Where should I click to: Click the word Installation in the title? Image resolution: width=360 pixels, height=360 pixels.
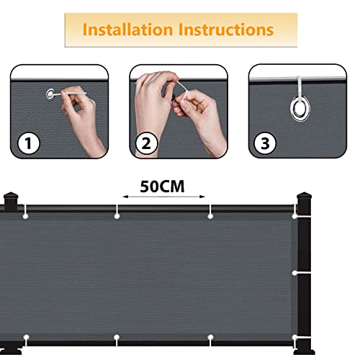(x=127, y=30)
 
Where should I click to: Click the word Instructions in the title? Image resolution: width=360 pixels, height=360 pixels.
(x=226, y=30)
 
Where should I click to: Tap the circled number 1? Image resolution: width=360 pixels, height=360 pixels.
(x=29, y=143)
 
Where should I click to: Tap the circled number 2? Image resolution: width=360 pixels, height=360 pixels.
(x=146, y=143)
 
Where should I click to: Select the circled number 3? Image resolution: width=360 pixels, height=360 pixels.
(x=265, y=143)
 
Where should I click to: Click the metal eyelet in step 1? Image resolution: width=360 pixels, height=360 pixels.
(x=50, y=94)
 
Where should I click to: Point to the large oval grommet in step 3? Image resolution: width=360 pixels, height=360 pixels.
(x=300, y=109)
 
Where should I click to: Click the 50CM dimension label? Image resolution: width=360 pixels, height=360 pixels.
(x=162, y=186)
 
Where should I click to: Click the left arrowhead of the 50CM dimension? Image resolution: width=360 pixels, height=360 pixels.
(x=125, y=197)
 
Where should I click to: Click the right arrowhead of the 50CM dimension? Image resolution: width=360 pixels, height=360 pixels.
(x=202, y=197)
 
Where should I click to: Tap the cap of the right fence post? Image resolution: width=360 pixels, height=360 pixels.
(x=304, y=196)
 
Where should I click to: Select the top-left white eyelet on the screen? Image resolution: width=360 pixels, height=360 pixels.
(x=25, y=216)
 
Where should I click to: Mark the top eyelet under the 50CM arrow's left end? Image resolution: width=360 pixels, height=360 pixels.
(x=117, y=216)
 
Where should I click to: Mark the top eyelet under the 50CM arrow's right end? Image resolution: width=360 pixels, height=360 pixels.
(x=210, y=216)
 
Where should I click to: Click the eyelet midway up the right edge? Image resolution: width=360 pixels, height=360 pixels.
(x=294, y=273)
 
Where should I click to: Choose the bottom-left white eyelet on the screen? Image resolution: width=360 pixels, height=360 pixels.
(x=26, y=337)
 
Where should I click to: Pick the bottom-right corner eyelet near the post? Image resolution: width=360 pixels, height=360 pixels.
(x=294, y=338)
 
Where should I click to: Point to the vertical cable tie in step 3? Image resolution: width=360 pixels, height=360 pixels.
(x=299, y=87)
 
